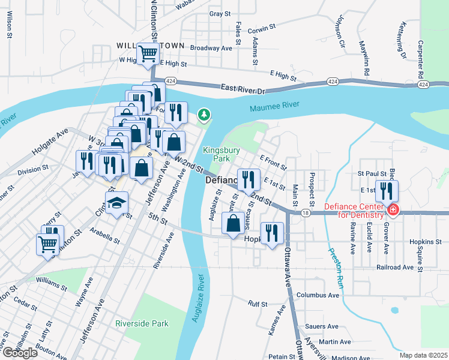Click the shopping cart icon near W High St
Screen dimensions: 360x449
tap(148, 53)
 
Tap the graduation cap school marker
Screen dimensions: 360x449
tap(118, 202)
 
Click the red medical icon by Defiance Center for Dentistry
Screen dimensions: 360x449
tap(393, 210)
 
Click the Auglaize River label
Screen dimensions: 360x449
tap(199, 298)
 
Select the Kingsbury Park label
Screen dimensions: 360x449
tap(217, 154)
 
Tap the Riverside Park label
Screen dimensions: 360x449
tap(142, 323)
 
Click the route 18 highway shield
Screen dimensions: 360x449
tap(306, 212)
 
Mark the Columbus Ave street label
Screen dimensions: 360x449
tap(318, 295)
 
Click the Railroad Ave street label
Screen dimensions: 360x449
tap(396, 267)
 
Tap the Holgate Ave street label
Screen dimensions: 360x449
tap(50, 143)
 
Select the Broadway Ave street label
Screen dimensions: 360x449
tap(211, 47)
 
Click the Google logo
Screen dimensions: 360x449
tap(20, 353)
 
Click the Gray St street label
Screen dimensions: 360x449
tap(220, 13)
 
